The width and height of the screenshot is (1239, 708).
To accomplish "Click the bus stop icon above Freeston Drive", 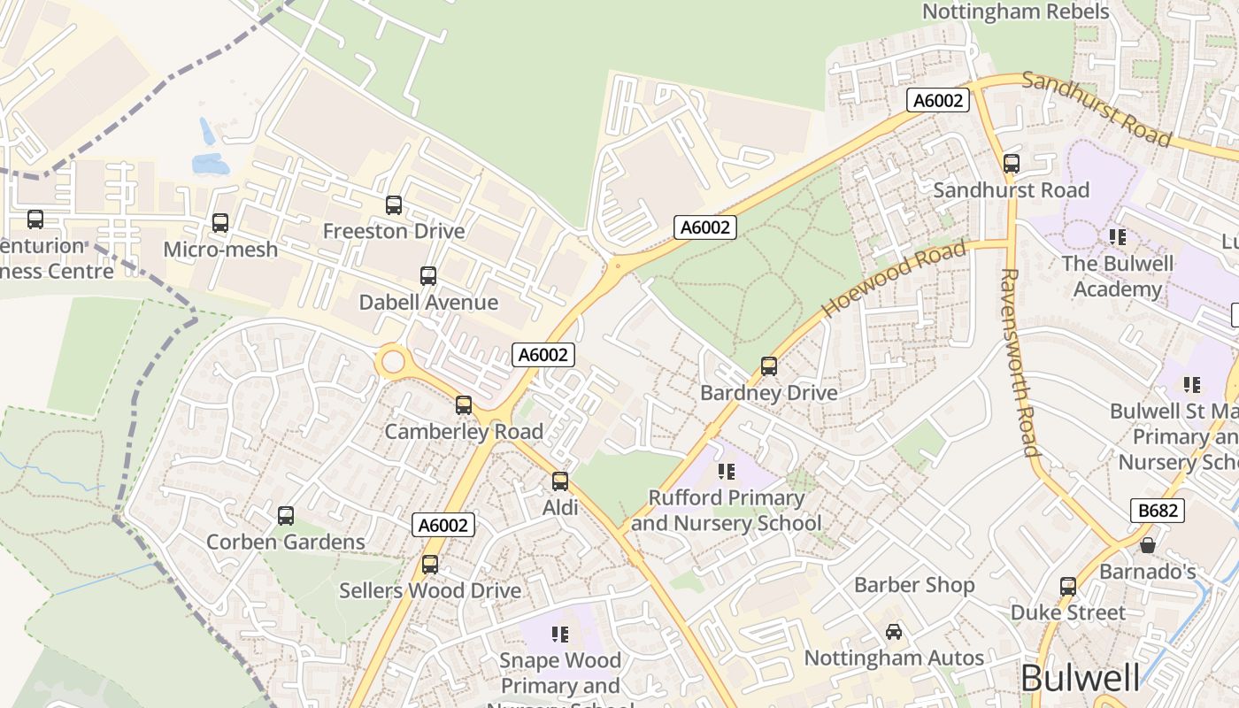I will (394, 205).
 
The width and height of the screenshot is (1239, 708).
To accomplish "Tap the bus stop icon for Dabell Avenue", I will (428, 276).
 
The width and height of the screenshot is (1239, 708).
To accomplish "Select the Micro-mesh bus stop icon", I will (220, 223).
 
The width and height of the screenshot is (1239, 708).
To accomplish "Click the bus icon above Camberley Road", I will (464, 405).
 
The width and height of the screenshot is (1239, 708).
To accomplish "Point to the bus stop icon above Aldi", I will (560, 481).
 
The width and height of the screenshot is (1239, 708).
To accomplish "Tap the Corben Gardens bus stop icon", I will (286, 516).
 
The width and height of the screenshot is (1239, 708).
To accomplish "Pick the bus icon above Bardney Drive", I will (769, 366).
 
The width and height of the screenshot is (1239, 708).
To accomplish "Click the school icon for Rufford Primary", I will (727, 472).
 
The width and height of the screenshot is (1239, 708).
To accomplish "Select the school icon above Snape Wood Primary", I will (560, 634).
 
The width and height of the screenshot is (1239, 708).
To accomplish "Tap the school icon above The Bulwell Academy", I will (1118, 237).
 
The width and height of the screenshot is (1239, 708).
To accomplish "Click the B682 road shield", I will (1157, 511).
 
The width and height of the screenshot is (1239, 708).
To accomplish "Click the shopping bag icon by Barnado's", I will (1148, 545).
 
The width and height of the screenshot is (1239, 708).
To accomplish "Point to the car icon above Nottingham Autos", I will (894, 632).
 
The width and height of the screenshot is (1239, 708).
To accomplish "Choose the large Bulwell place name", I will (1080, 679).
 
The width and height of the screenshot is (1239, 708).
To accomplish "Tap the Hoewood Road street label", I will (894, 280).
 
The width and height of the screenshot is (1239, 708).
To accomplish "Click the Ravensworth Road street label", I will (1019, 363).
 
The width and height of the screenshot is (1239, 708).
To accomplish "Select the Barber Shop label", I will (914, 585).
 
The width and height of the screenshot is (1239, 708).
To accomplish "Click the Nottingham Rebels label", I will (1015, 12).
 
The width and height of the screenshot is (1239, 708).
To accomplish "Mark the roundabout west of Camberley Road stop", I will (392, 362).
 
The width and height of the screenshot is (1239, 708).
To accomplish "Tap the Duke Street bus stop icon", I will (1068, 587).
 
